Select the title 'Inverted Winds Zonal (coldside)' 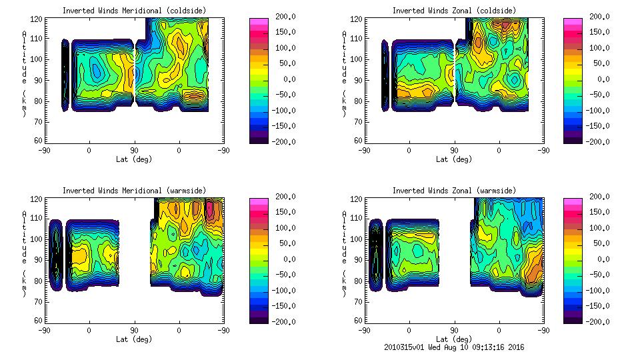[453, 10]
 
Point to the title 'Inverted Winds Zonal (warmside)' [453, 190]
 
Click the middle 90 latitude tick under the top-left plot [134, 150]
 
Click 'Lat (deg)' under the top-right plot [453, 159]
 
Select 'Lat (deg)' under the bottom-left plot [134, 339]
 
